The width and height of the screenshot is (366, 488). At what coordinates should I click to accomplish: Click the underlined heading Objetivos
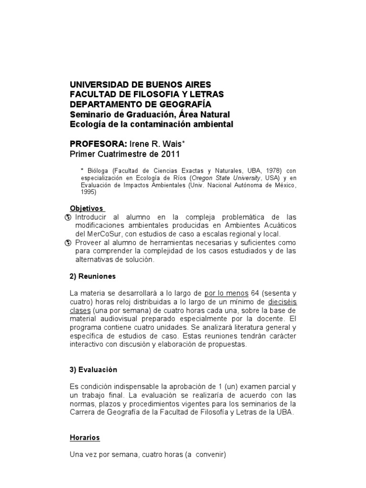tap(86, 208)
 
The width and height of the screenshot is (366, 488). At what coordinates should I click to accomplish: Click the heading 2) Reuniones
tap(93, 276)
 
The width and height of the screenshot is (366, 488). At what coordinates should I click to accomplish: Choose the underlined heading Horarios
tap(85, 437)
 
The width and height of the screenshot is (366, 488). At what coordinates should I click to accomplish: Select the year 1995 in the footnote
tap(88, 193)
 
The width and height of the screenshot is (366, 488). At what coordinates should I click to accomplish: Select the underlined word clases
tap(81, 310)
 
